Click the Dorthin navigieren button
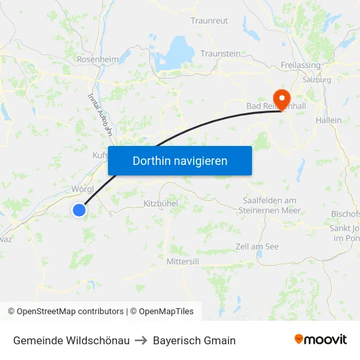(x=180, y=160)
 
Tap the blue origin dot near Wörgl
(x=79, y=209)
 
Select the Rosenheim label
(x=98, y=59)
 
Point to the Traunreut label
(x=209, y=21)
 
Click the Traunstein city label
(x=221, y=54)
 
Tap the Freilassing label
(x=300, y=65)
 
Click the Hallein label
(x=329, y=120)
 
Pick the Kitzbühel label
(x=160, y=204)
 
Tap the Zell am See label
(x=257, y=246)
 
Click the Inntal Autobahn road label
(x=100, y=113)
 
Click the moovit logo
(x=321, y=339)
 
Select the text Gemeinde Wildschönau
(x=71, y=340)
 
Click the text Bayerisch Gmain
(x=194, y=340)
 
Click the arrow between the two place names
(x=141, y=340)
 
